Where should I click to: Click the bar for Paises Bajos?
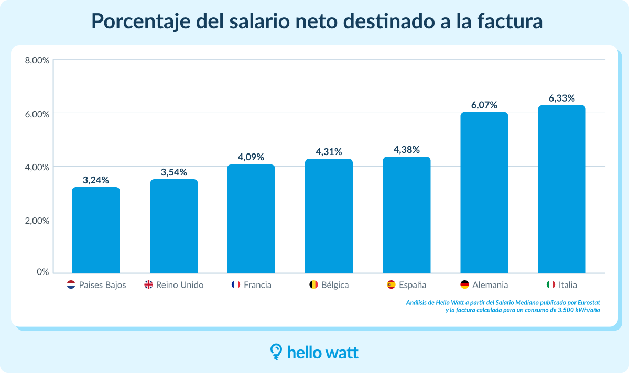point(96,230)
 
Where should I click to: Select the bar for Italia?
point(562,189)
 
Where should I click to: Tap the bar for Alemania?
point(484,192)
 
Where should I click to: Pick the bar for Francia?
point(251,219)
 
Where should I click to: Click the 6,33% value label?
point(562,98)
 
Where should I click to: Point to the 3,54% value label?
point(173,172)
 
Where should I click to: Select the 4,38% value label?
point(407,149)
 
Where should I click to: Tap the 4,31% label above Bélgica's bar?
point(329,152)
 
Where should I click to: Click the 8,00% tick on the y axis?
point(37,60)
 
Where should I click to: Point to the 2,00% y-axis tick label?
point(37,221)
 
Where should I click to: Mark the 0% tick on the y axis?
point(42,272)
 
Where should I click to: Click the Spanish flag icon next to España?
point(391,285)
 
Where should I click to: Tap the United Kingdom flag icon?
point(149,285)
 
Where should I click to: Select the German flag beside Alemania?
point(464,285)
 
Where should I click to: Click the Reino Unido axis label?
point(180,285)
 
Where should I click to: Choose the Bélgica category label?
point(335,285)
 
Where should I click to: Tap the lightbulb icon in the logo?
point(276,352)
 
